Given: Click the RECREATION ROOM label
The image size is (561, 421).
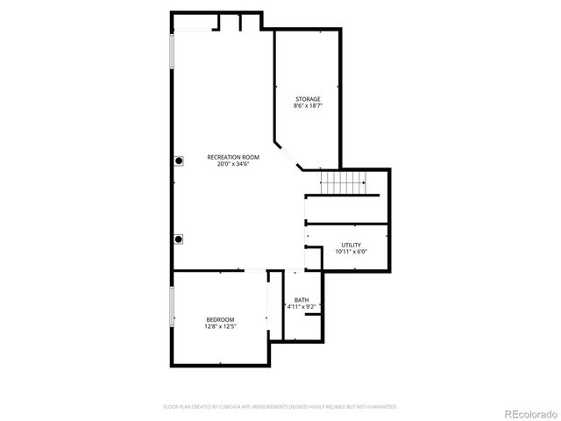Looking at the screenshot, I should pos(233,157).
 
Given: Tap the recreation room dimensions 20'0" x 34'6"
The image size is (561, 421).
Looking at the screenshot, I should pos(233,164).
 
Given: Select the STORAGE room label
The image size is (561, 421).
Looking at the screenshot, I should pos(307,99).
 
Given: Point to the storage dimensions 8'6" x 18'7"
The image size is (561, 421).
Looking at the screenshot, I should pos(307,106).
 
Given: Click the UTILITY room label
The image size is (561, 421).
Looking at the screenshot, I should pos(351,246).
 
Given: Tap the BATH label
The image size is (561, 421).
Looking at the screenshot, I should pos(301,300).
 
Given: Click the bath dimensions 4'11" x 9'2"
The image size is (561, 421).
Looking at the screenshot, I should pos(301,307).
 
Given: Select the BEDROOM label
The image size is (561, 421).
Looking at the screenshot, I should pos(220,319).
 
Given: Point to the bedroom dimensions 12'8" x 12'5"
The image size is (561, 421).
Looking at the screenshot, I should pos(220,326).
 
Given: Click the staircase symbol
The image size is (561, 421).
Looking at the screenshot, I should pos(343,183).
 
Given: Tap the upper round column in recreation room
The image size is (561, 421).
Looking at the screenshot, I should pos(179,161).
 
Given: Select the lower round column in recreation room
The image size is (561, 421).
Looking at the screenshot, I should pos(179,239).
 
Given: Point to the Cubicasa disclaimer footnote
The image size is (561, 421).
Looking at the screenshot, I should pos(280,407).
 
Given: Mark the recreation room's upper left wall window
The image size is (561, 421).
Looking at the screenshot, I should pos(171,57).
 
